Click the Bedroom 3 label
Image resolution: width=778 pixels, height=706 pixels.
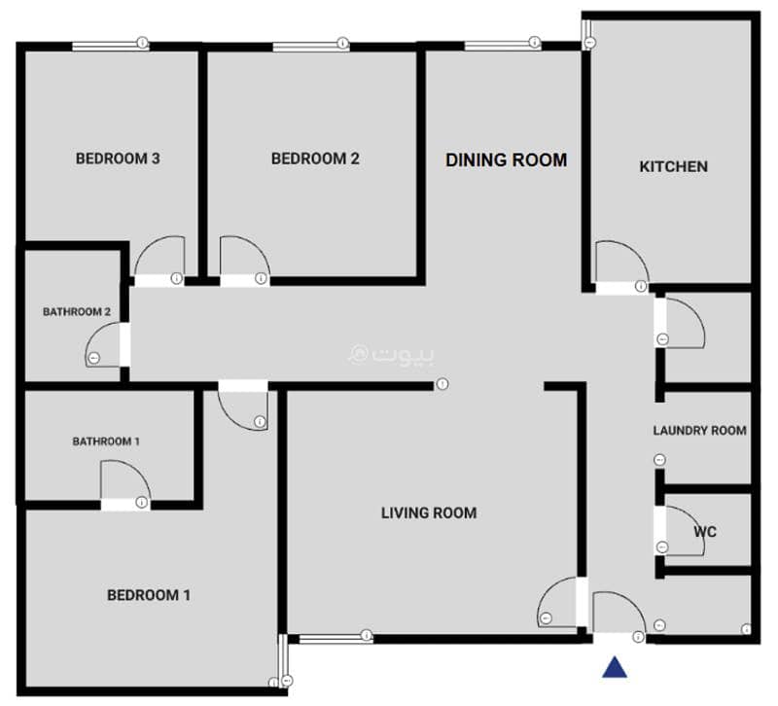[118, 159]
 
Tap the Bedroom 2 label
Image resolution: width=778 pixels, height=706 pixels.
[315, 159]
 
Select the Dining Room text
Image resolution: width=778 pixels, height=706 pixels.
[506, 159]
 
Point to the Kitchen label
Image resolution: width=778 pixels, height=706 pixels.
[673, 166]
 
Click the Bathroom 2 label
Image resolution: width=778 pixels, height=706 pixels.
[77, 312]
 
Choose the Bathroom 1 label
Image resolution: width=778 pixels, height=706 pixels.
[106, 441]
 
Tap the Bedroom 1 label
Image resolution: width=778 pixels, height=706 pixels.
[149, 595]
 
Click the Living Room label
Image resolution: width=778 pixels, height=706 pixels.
[429, 513]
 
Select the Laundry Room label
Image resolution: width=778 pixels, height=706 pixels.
[699, 431]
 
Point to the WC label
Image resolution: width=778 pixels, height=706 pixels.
[705, 532]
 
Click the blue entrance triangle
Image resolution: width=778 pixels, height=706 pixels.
[615, 668]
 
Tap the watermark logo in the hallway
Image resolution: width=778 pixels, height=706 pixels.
[392, 354]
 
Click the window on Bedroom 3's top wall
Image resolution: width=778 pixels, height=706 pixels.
[110, 46]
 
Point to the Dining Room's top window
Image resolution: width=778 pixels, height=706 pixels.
[502, 46]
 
